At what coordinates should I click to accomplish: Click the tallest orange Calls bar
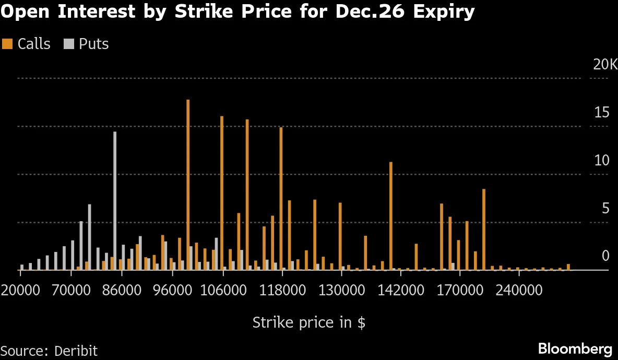[x=188, y=185]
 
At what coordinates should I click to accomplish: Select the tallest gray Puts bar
[x=115, y=201]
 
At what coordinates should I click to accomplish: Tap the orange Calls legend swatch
[x=7, y=44]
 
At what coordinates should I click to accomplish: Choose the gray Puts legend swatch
[x=68, y=44]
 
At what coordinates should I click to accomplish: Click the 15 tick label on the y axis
[x=602, y=113]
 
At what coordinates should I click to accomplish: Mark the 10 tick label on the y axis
[x=602, y=161]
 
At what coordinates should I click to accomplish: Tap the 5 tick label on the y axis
[x=605, y=209]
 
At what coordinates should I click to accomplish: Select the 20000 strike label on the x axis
[x=21, y=290]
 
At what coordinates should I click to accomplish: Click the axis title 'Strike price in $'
[x=308, y=322]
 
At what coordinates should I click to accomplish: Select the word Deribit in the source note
[x=76, y=351]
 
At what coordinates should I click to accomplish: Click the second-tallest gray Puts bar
[x=89, y=237]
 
